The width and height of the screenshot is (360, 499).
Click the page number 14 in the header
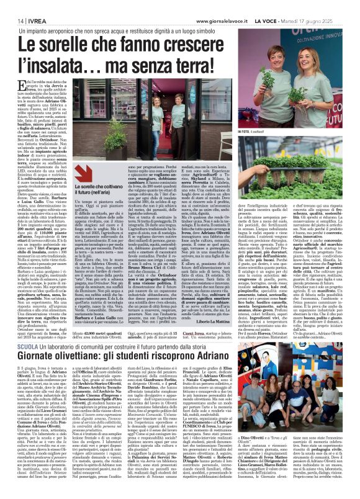(x=12, y=19)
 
